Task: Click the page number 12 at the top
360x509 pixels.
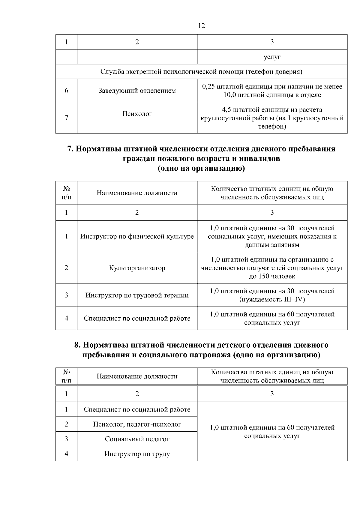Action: click(202, 26)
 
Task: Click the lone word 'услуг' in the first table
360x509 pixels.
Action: click(272, 57)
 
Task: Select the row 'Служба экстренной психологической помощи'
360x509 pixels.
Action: click(201, 72)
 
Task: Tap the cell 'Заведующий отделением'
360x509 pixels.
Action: click(137, 91)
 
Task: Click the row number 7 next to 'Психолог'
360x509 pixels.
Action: click(66, 118)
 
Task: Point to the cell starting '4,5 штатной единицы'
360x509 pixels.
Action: click(272, 118)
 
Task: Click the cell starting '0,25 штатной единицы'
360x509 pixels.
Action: click(272, 91)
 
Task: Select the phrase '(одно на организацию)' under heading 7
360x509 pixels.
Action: click(201, 169)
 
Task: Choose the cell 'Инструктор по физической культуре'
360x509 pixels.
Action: click(137, 236)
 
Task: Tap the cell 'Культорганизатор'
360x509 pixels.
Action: click(137, 268)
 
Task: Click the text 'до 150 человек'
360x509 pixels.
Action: click(272, 276)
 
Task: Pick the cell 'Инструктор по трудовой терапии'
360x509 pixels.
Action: click(137, 295)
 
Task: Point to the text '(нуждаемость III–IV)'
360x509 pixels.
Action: click(272, 299)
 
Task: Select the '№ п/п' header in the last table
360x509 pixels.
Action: click(66, 376)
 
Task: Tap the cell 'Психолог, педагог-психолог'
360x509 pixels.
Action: click(137, 424)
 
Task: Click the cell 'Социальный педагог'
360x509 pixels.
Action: click(137, 439)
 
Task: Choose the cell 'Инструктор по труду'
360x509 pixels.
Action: click(137, 454)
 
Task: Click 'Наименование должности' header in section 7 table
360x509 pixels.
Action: click(137, 193)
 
